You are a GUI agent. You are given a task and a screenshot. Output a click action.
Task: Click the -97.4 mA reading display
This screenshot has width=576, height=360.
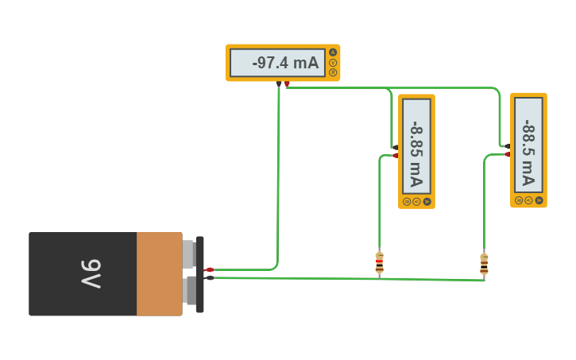coord(278,63)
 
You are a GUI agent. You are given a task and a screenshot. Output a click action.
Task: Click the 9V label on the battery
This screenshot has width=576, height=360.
coord(91,273)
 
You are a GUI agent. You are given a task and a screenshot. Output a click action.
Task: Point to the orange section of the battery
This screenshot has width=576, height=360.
coord(159,273)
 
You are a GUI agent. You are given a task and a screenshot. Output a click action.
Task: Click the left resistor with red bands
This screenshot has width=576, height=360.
coord(379,262)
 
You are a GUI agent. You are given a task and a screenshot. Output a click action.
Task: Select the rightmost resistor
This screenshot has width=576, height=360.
coord(484,263)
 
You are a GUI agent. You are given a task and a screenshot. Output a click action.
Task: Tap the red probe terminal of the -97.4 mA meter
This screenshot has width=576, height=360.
coord(287,83)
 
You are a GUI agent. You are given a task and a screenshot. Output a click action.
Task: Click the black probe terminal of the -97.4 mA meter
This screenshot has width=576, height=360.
coord(278,83)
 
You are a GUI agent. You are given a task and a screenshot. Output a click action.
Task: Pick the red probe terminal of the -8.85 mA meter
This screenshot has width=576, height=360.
coord(396,155)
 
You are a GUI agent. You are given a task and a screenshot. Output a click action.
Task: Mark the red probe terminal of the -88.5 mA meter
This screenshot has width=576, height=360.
coord(507,154)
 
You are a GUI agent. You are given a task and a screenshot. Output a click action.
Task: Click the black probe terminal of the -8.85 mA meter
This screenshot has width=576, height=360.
coord(396,147)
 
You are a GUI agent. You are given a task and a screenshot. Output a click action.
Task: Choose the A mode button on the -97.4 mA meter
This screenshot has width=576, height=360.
coord(333,52)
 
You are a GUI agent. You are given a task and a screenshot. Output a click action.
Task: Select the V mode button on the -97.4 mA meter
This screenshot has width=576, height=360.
coord(333,63)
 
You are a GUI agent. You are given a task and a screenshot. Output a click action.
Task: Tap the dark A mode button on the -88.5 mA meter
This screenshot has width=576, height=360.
coord(539,200)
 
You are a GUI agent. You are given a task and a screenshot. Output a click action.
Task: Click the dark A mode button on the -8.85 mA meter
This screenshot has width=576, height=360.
coord(427,202)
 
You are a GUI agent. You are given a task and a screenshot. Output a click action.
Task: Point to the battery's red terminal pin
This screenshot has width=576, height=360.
coord(209,270)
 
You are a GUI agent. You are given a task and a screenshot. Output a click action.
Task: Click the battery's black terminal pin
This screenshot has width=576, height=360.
coord(209,278)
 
